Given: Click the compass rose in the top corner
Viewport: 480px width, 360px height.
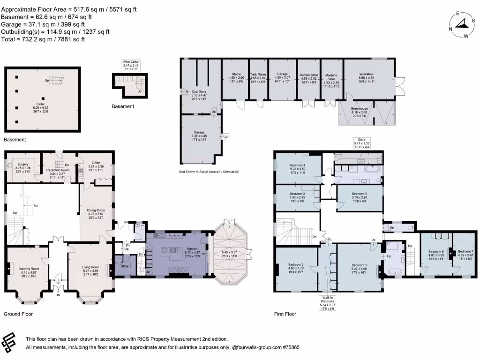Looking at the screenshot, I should click(x=462, y=25).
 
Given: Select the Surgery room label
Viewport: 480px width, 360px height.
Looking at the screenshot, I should click(x=22, y=165).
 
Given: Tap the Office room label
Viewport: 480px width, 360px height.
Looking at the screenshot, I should click(x=96, y=163).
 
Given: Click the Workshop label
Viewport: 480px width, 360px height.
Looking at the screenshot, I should click(x=366, y=74).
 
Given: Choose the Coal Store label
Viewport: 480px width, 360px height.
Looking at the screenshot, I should click(x=199, y=91).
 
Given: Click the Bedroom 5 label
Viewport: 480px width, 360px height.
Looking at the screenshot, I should click(x=360, y=194).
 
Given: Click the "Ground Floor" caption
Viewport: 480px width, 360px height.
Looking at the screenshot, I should click(x=18, y=314).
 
